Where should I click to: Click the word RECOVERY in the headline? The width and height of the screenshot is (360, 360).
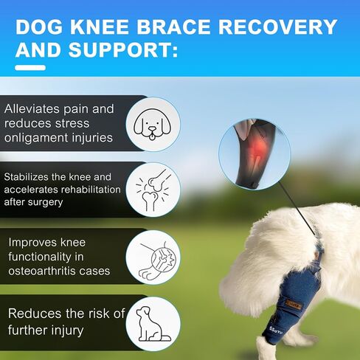tap(278, 27)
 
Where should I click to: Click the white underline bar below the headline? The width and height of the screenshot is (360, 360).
tap(30, 68)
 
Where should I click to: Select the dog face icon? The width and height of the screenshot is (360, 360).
tap(153, 124)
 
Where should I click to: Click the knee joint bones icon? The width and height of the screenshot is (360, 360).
tap(153, 190)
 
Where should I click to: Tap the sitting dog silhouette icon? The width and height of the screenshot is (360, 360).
tap(153, 324)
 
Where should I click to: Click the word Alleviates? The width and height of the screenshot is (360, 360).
tap(32, 108)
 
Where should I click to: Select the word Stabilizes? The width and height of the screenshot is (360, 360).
tap(27, 177)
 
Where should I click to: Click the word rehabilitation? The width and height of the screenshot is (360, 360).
tap(91, 190)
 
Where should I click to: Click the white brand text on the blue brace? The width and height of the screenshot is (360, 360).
tap(276, 330)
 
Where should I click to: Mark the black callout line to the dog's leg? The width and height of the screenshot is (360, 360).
tap(297, 209)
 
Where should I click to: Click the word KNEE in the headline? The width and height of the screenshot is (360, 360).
tap(100, 27)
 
